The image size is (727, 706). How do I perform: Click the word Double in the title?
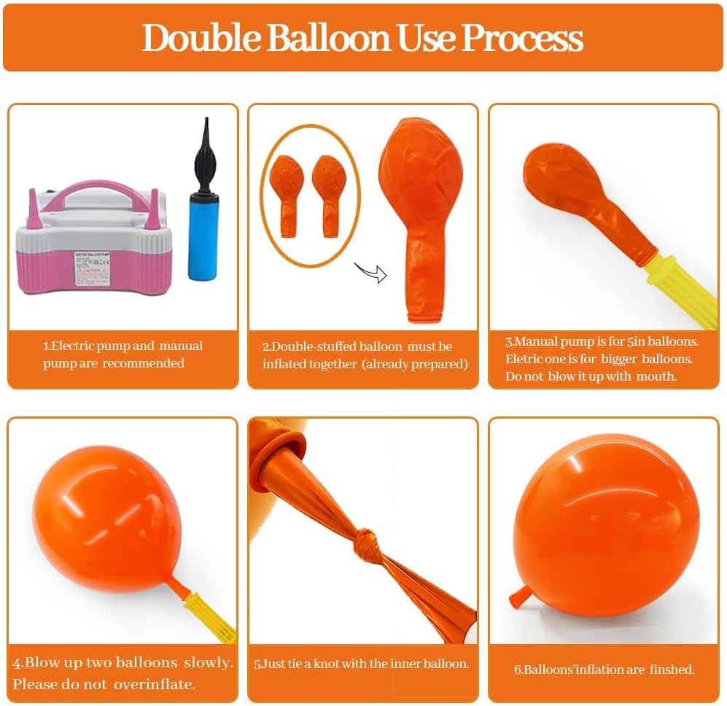coord(201,38)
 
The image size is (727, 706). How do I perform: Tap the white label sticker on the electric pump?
coord(92,268)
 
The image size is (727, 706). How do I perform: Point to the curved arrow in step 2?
coord(371,273)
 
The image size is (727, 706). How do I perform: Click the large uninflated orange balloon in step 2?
coord(421,220)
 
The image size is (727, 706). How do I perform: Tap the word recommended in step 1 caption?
coord(143,362)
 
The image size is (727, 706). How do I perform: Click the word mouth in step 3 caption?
coord(656,376)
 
